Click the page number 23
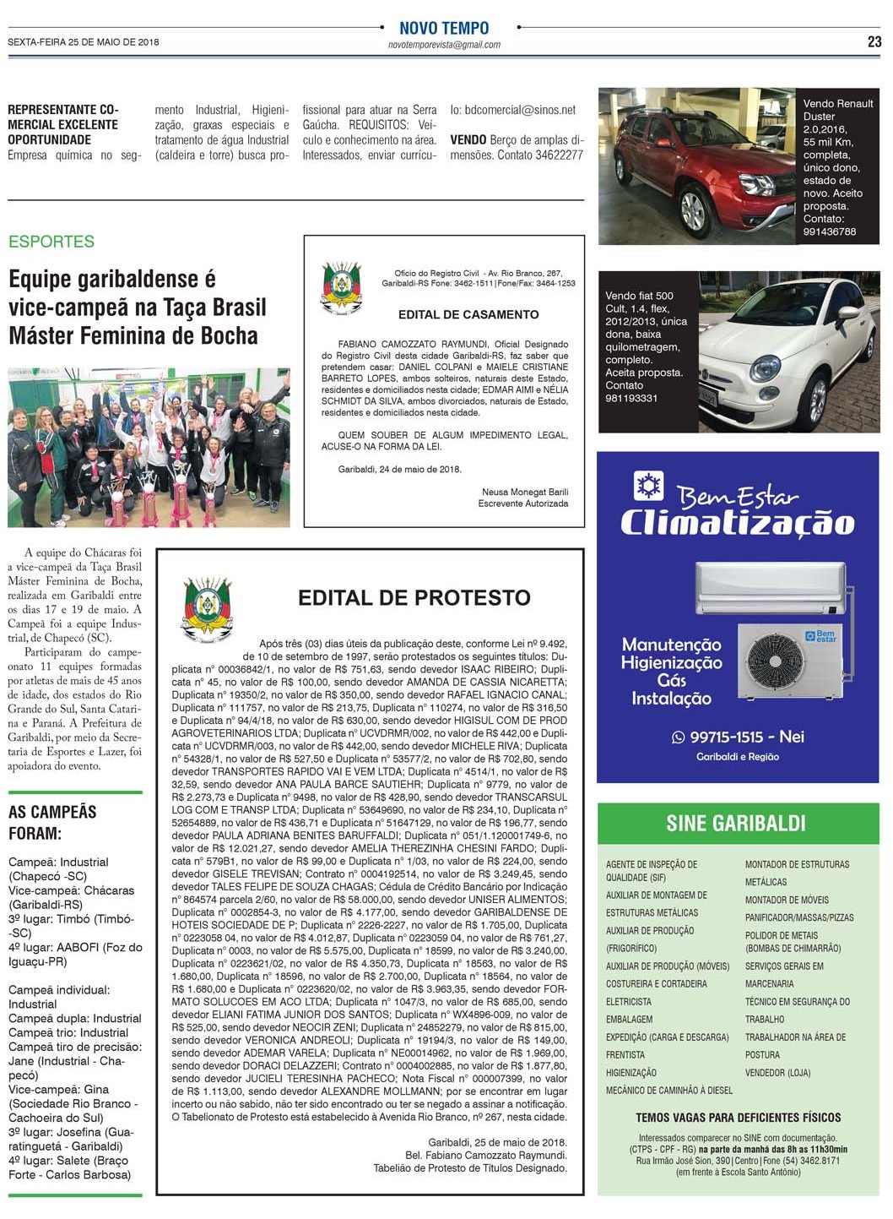(874, 41)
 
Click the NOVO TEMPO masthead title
(444, 28)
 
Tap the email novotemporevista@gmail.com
(444, 45)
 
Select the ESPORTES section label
(51, 242)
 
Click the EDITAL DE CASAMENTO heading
(468, 314)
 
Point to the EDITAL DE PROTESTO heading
(414, 598)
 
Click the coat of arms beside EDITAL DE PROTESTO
(208, 610)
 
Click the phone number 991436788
(829, 231)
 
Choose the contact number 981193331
(631, 398)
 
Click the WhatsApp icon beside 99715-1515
(678, 737)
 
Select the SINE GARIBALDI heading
(736, 823)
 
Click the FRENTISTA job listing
(625, 1055)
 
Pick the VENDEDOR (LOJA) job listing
(777, 1073)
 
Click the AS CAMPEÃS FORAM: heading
(52, 823)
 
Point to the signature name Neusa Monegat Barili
(525, 492)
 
